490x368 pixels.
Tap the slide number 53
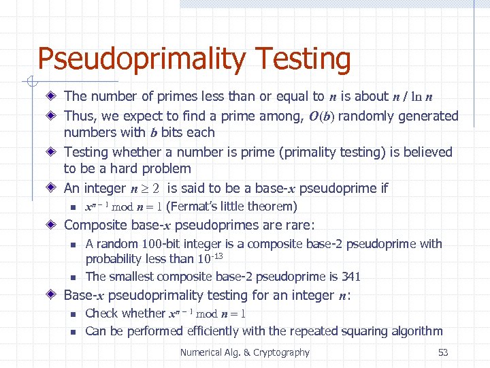click(x=443, y=352)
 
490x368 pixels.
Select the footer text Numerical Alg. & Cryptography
click(x=244, y=352)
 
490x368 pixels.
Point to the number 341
click(x=351, y=277)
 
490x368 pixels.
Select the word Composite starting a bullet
click(x=94, y=225)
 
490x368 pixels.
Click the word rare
click(x=302, y=225)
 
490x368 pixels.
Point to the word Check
click(x=102, y=313)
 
